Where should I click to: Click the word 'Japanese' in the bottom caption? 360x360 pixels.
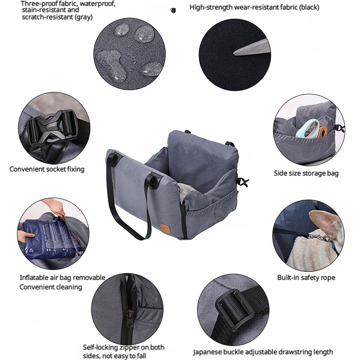pyautogui.click(x=210, y=351)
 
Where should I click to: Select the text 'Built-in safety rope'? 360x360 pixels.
pyautogui.click(x=306, y=278)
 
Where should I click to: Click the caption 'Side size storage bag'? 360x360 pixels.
pyautogui.click(x=306, y=173)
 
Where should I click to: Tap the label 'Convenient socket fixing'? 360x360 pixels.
pyautogui.click(x=47, y=169)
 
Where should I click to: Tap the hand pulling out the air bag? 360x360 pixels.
pyautogui.click(x=57, y=208)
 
